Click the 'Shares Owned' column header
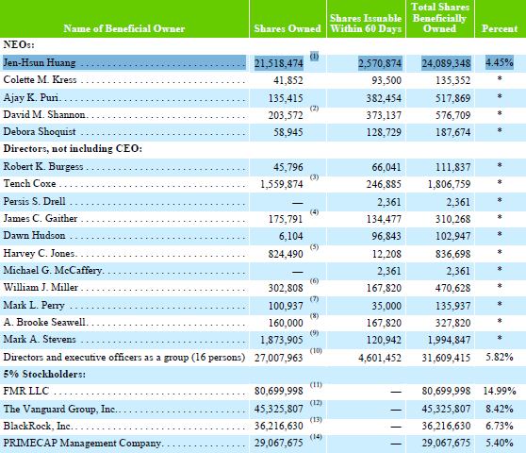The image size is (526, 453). point(288,28)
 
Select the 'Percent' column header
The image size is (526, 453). point(500,28)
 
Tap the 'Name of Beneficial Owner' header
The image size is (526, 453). point(124,28)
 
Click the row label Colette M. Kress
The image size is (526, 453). point(40,79)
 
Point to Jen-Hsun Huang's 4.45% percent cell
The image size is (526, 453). point(500,62)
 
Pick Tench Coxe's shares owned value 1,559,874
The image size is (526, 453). point(282,184)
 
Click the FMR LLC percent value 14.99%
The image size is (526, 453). point(500,391)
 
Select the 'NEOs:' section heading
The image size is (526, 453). point(19,45)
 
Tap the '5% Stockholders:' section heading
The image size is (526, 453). point(44,374)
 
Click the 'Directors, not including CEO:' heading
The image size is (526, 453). point(73,148)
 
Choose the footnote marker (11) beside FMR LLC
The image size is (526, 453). point(316,385)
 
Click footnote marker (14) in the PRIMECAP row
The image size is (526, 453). point(316,437)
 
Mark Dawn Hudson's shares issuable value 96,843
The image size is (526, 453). point(386,236)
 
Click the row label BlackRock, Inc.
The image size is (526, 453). point(38,426)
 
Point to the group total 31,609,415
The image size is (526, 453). point(446,358)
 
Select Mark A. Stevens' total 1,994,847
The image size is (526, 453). point(449,340)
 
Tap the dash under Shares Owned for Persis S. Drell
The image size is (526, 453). point(297,203)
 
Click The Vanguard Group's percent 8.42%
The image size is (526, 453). point(500,409)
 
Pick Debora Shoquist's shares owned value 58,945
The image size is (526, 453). point(288,132)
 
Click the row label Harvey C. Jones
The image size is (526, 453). point(39,253)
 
